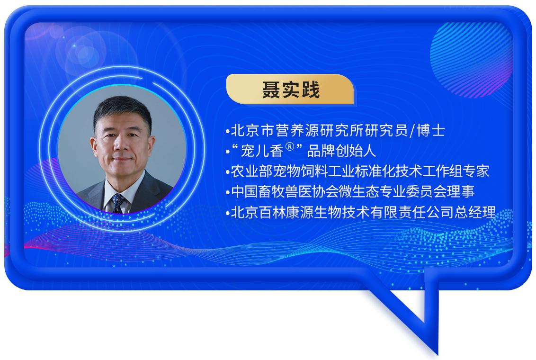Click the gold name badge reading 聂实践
coord(290,89)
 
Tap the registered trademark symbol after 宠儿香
coord(289,147)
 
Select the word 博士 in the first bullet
coord(431,131)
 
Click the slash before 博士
coord(412,131)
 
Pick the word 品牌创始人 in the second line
coord(341,151)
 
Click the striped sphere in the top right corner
coord(471,60)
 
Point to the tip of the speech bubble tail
coord(437,354)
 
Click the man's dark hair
coord(122,109)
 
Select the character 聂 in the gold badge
coord(271,90)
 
